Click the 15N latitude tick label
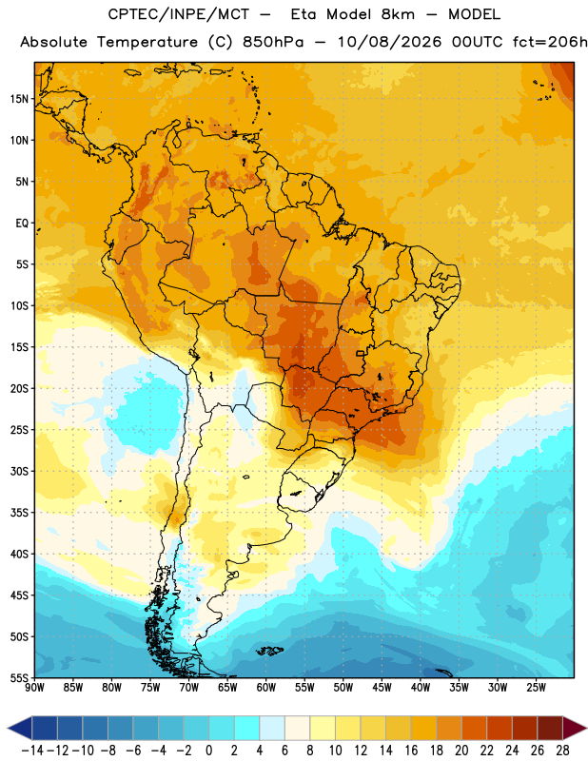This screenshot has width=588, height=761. click(x=19, y=99)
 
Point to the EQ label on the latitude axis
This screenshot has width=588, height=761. click(x=22, y=224)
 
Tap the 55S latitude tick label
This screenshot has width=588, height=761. click(x=19, y=678)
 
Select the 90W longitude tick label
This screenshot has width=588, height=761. click(x=34, y=688)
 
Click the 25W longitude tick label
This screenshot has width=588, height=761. click(x=536, y=688)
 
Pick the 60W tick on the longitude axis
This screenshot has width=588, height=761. click(x=266, y=688)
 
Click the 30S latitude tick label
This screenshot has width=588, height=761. click(x=19, y=471)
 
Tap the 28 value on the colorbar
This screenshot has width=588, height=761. click(x=562, y=751)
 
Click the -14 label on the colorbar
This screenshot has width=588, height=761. click(x=32, y=751)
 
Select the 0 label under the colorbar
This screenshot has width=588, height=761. click(x=208, y=751)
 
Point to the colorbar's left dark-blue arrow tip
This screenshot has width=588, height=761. click(x=8, y=729)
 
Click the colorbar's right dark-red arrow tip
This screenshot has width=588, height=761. click(x=586, y=729)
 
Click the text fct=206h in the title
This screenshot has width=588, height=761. click(x=550, y=42)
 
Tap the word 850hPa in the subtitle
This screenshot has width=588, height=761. click(x=273, y=42)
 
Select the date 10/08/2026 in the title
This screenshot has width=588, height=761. click(x=389, y=42)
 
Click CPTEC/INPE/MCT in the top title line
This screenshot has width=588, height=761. click(x=178, y=14)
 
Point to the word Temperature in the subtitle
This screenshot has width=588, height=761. click(x=147, y=42)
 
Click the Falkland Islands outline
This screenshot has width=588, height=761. click(x=269, y=651)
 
